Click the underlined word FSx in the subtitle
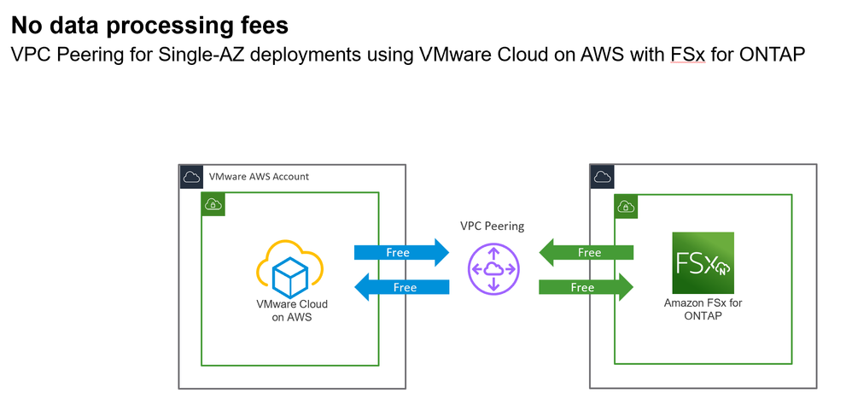point(688,56)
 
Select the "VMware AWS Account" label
point(259,176)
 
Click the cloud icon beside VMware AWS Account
point(191,176)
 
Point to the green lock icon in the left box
point(211,203)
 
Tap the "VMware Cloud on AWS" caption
point(292,310)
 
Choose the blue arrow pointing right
point(400,252)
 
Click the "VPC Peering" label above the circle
point(492,226)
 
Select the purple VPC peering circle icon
point(493,269)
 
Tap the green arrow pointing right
point(586,287)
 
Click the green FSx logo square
point(703,262)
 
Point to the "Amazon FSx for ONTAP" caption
point(703,308)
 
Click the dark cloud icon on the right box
point(601,176)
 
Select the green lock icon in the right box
point(624,206)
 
